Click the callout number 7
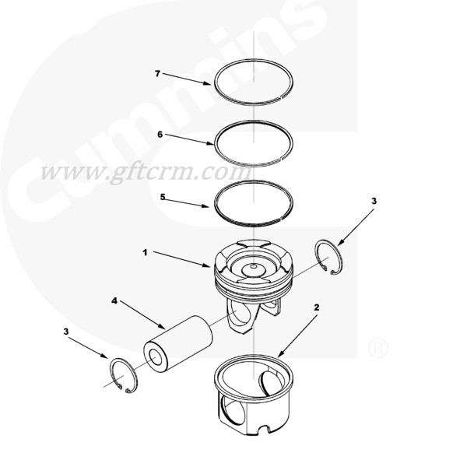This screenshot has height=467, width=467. point(158,73)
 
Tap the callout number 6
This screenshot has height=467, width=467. point(160,135)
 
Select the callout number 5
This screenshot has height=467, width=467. point(163,197)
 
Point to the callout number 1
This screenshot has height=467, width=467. point(145,253)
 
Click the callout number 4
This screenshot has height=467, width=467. point(114,300)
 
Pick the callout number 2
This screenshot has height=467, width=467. point(317,307)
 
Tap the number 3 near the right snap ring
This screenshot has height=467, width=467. point(374,201)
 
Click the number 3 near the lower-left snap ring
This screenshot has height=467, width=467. point(66,332)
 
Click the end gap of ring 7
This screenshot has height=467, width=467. point(282,97)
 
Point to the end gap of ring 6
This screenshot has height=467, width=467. point(282,158)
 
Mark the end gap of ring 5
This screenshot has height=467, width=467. point(280,219)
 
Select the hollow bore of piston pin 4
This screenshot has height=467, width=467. point(156,358)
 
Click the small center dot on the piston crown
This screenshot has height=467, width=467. point(253,266)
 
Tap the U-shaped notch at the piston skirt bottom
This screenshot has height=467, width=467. point(264,429)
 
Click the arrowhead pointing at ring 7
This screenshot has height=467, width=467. point(207,83)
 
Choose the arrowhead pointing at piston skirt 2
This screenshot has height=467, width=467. point(280,353)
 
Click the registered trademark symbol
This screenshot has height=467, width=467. point(378,348)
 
